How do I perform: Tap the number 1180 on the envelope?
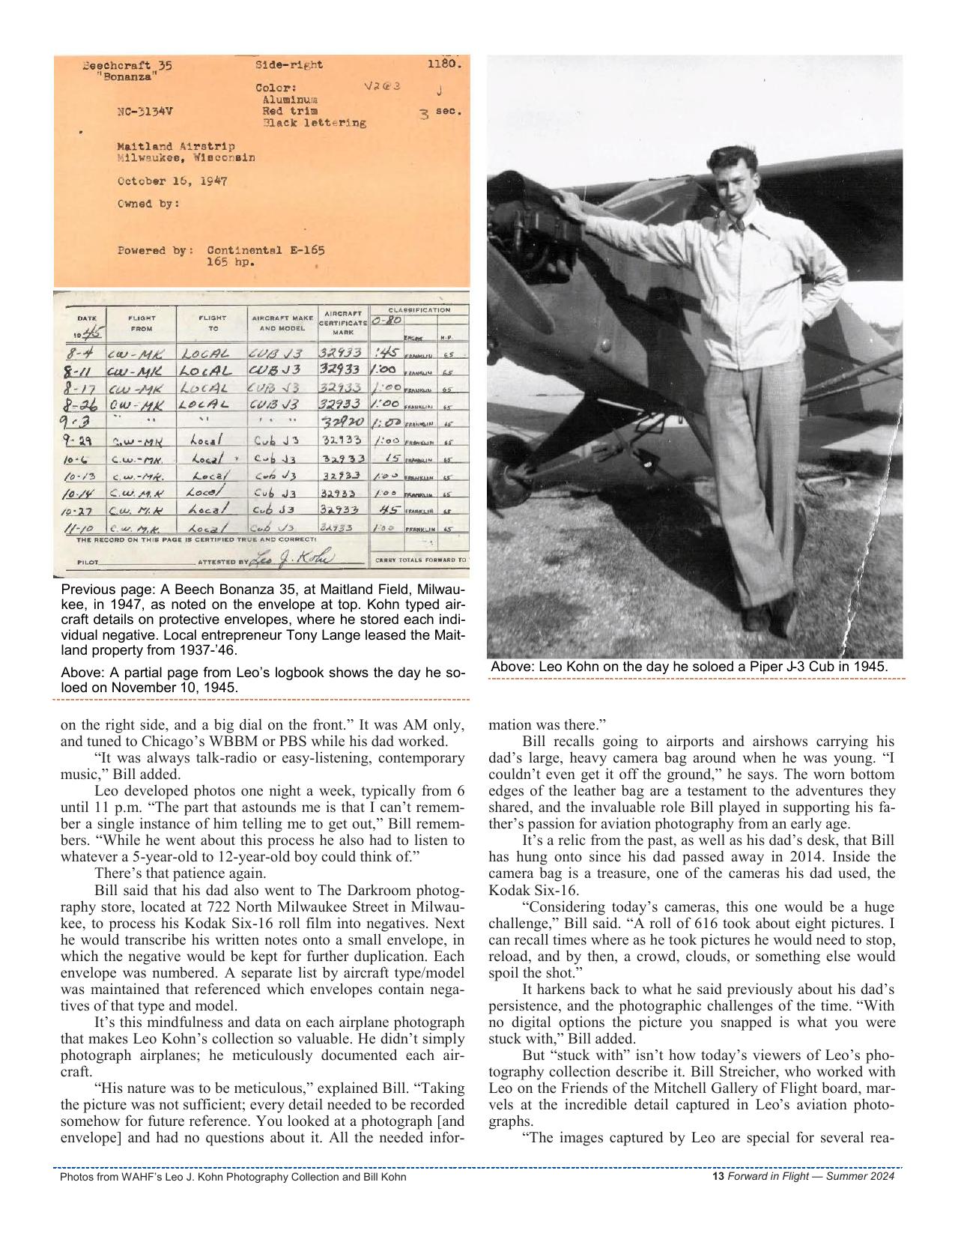[x=444, y=64]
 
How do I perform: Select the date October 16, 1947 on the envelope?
[x=172, y=181]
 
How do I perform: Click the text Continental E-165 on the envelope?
[x=265, y=250]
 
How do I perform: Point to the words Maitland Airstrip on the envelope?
[x=175, y=146]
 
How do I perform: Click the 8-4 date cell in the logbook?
[x=80, y=353]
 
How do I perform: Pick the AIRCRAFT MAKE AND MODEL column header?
[x=282, y=323]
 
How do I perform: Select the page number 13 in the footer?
[x=718, y=1176]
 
